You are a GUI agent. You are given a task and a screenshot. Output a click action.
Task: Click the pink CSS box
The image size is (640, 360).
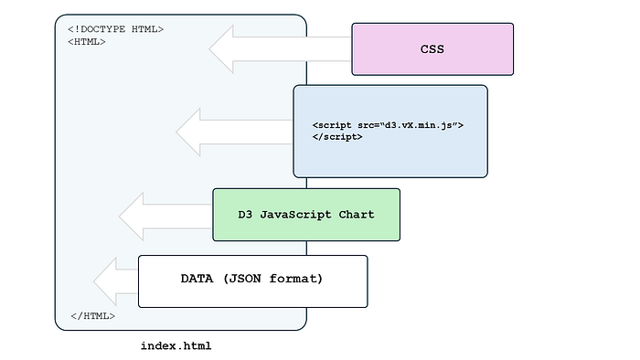point(432,49)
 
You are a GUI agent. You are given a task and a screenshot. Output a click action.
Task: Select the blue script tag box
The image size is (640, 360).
point(390,131)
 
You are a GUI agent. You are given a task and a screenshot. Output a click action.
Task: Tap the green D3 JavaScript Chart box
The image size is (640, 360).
point(306,215)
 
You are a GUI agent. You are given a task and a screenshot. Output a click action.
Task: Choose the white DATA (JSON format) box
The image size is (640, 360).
point(252,281)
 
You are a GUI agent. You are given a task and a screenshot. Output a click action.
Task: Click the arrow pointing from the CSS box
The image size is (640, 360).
point(274,49)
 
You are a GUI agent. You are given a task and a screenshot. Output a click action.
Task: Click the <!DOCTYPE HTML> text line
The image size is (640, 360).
point(115,29)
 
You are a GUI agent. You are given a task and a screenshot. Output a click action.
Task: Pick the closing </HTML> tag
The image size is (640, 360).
point(92,316)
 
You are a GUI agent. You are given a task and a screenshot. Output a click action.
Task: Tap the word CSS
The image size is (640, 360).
point(432,49)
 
